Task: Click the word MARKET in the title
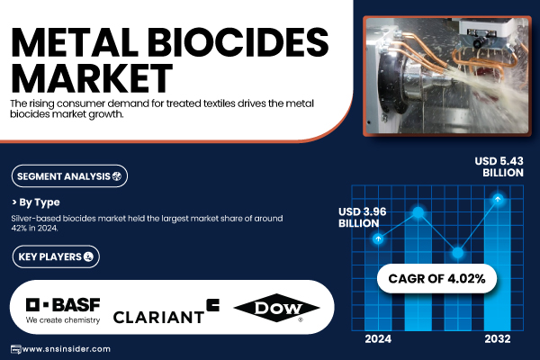point(92,78)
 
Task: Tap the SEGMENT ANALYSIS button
point(69,176)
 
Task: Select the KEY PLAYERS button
point(56,256)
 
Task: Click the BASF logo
point(63,310)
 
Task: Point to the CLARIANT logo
point(166,311)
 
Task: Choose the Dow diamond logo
point(276,308)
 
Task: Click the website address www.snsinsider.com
point(66,349)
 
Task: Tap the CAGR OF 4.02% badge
point(436,278)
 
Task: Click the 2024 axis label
point(378,339)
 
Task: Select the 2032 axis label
point(498,339)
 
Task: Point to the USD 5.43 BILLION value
point(499,166)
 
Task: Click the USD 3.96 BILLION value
point(363,218)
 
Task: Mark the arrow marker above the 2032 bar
point(498,199)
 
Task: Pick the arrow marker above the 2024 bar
point(378,238)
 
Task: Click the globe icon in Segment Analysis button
point(117,176)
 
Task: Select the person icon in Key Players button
point(88,256)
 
